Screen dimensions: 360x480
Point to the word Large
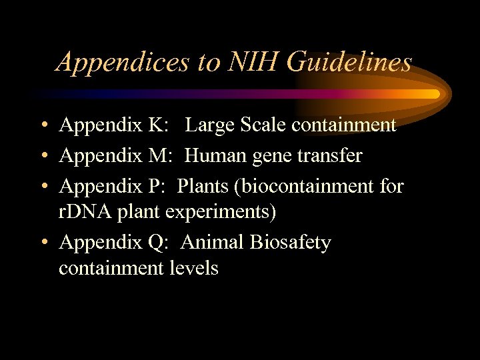[x=212, y=125]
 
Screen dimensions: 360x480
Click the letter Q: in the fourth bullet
[x=164, y=243]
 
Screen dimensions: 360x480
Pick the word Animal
[x=212, y=243]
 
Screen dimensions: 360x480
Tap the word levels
[x=193, y=268]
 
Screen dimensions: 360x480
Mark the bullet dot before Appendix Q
[x=43, y=243]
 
